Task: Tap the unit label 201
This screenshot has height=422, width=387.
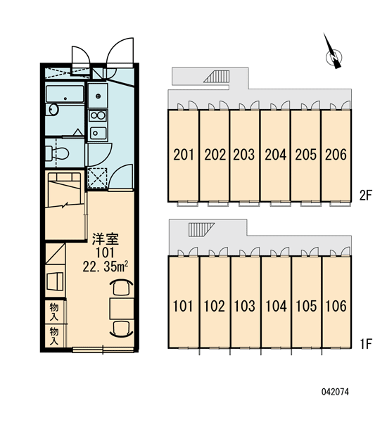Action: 184,155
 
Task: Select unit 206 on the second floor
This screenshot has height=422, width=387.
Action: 336,155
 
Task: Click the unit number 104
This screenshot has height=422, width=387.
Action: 276,306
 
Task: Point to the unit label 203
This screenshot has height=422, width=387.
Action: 243,155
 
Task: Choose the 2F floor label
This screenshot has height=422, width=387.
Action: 365,196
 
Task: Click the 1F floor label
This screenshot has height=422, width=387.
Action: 365,343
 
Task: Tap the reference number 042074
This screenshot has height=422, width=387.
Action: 335,392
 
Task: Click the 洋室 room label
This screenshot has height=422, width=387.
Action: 106,239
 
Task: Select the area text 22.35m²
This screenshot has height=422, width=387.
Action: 105,267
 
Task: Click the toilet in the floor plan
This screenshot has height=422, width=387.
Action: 57,153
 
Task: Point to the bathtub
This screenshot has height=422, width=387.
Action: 65,94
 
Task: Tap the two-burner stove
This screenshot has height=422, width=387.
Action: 98,116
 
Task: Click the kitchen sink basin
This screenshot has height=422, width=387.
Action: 98,133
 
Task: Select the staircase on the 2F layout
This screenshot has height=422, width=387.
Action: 217,76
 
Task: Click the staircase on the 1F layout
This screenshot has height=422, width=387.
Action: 201,229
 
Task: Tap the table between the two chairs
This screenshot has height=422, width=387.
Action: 122,309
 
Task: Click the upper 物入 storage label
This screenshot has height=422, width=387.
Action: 54,312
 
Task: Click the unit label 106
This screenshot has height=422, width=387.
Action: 336,306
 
